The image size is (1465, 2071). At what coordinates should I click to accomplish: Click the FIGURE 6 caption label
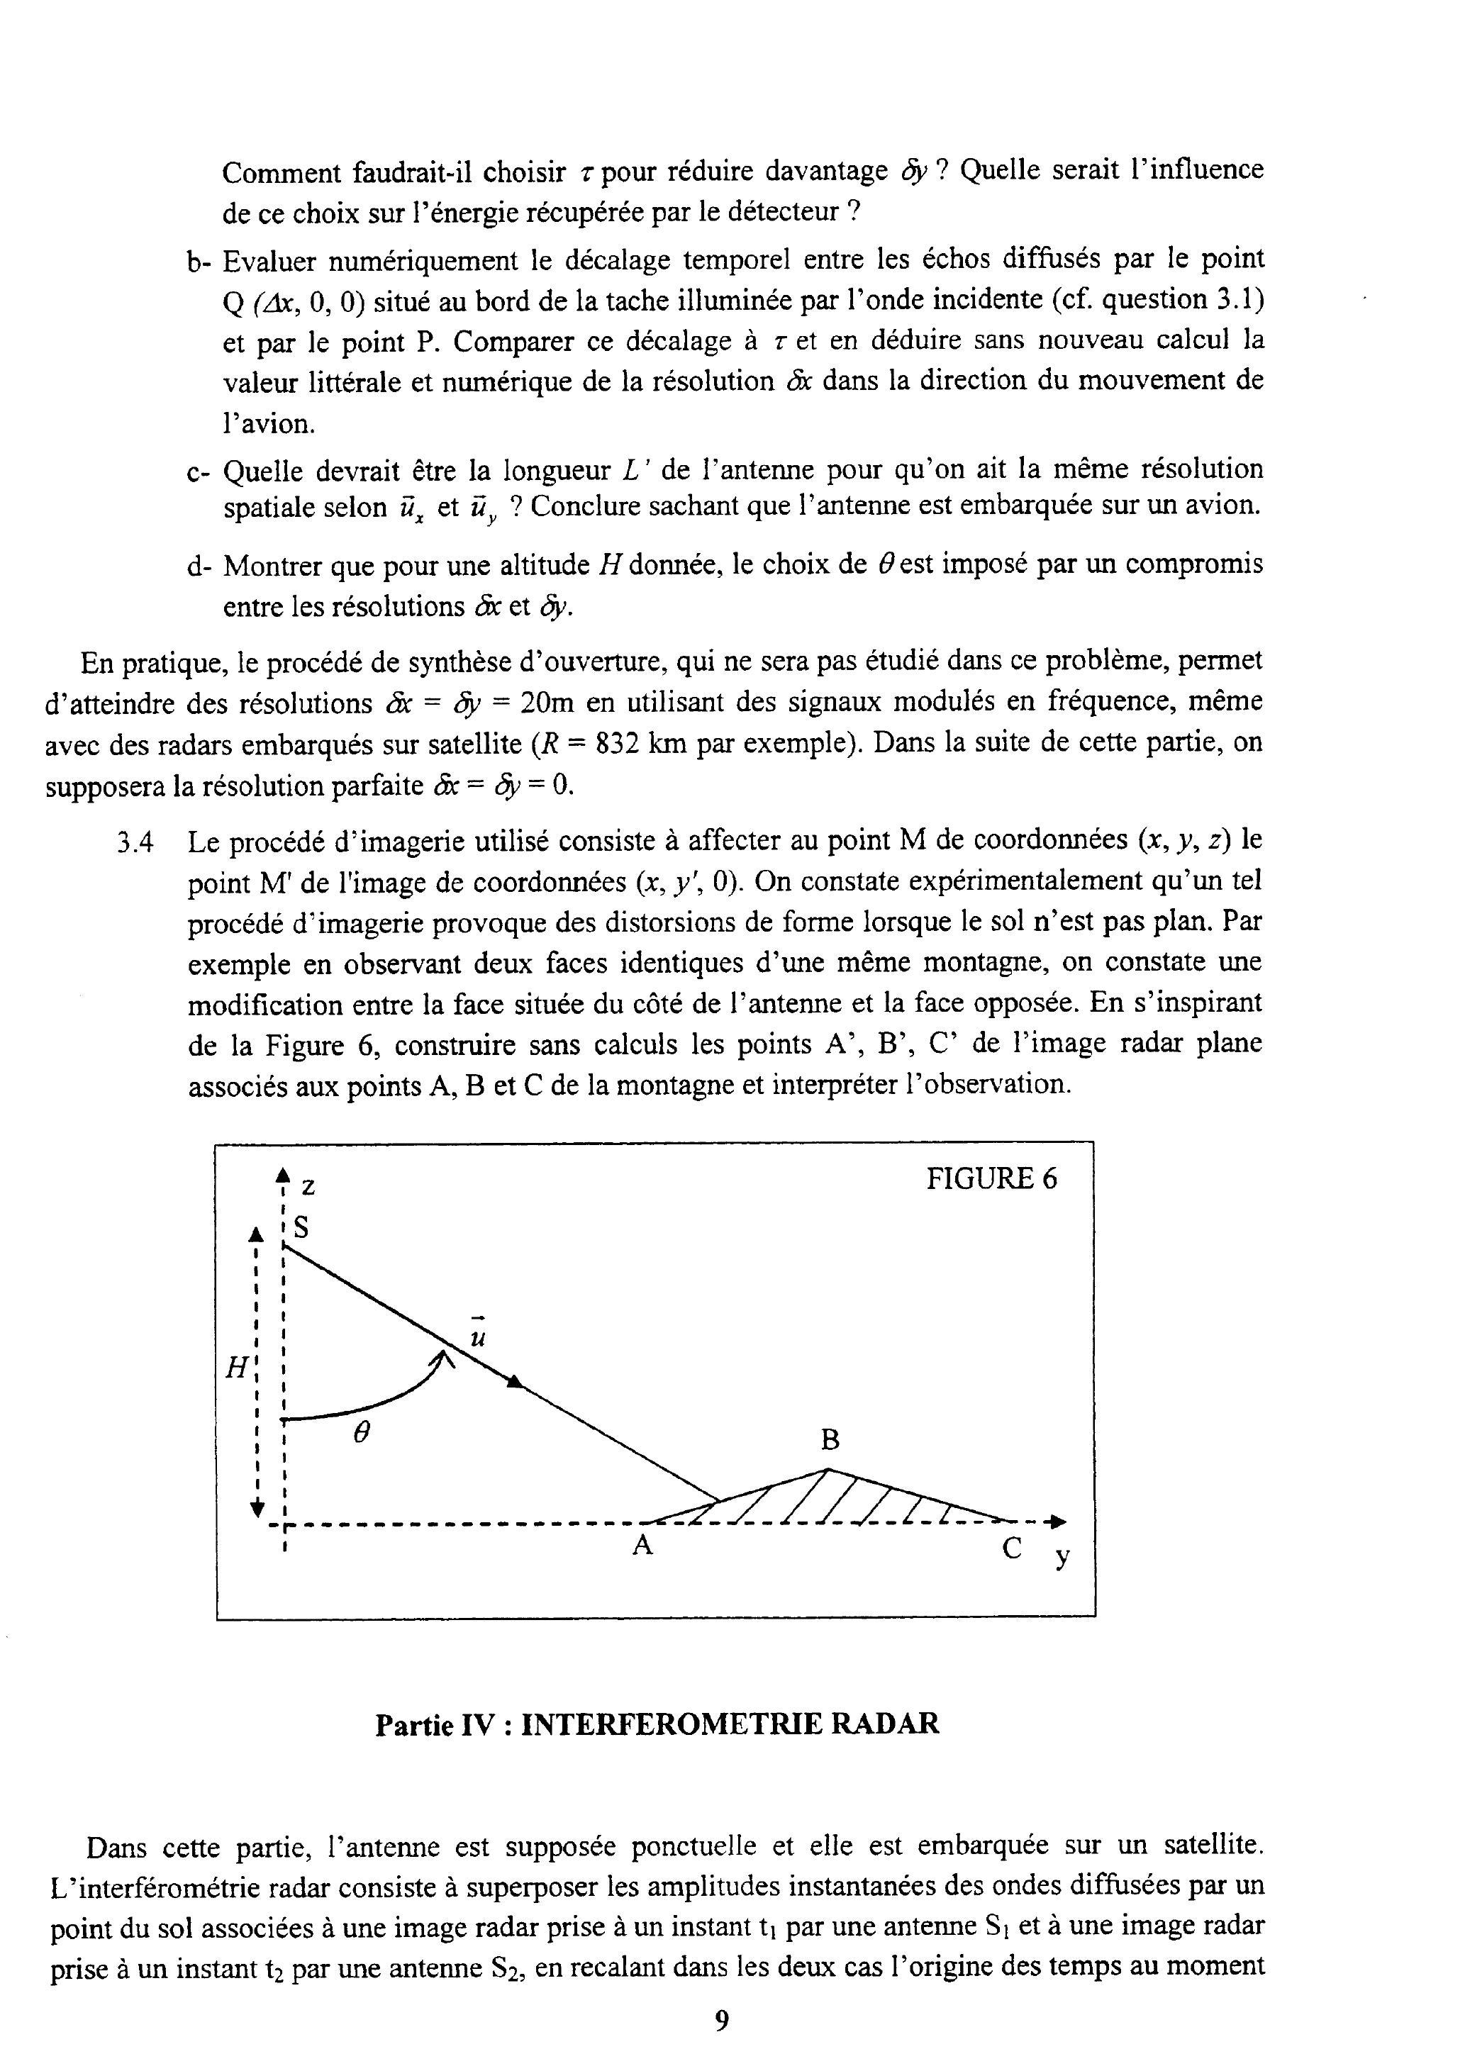tap(991, 1179)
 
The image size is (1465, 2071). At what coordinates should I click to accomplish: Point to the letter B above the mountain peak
tap(829, 1441)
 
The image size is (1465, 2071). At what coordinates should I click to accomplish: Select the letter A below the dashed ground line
tap(642, 1546)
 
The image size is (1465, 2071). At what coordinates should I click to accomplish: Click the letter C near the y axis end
tap(1012, 1548)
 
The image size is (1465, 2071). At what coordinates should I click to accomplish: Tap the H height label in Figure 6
tap(235, 1368)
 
